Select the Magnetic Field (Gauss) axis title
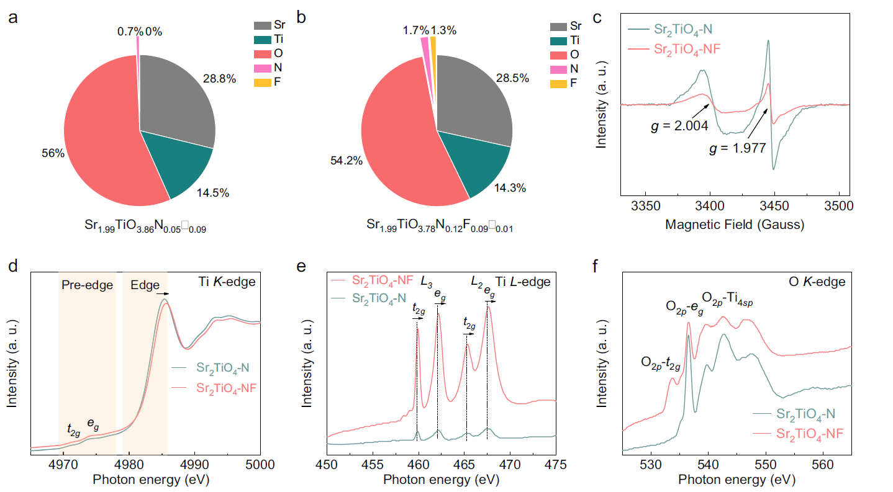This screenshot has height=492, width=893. [734, 224]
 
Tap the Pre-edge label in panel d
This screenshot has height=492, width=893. [86, 285]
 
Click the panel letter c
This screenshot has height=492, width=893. [597, 17]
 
